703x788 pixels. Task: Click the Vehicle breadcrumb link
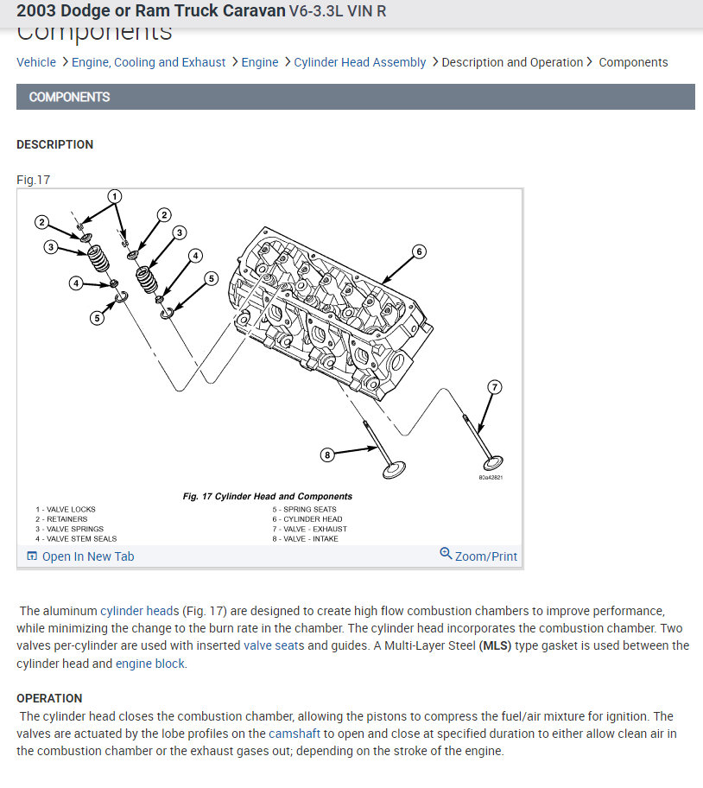point(36,62)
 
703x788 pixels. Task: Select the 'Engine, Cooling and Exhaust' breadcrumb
point(149,62)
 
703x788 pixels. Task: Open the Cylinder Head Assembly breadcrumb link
point(359,62)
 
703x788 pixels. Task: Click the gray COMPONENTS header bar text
point(70,97)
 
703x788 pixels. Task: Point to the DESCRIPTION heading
point(55,144)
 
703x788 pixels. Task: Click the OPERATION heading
point(49,698)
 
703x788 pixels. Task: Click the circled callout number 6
point(418,251)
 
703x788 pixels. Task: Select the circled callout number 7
point(495,386)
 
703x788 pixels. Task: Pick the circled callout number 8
point(326,454)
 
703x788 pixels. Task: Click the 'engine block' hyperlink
point(149,664)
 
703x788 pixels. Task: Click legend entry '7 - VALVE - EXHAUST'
point(309,529)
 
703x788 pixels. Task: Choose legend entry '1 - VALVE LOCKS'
point(66,510)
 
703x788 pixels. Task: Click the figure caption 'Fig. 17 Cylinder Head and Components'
point(268,497)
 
